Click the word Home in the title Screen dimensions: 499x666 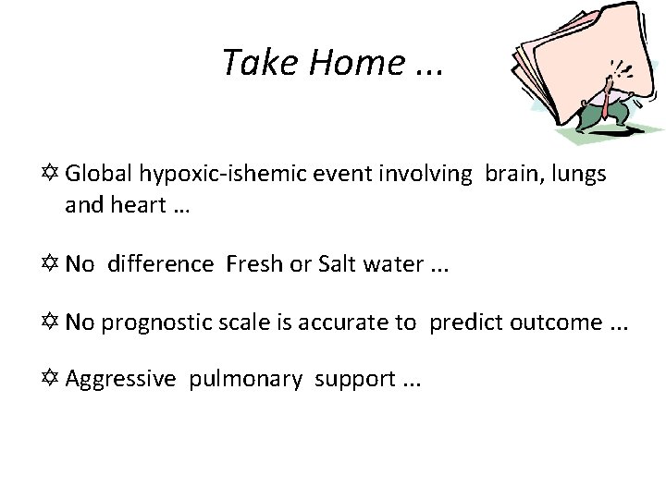pos(358,63)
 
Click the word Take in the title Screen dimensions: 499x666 pos(263,63)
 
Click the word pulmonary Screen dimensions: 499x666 pos(245,379)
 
